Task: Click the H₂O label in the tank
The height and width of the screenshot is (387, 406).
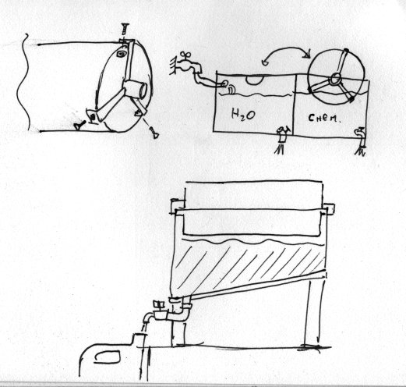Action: [243, 115]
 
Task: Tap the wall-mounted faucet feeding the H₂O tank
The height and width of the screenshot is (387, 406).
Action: [185, 64]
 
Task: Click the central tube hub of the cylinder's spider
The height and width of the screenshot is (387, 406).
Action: [135, 90]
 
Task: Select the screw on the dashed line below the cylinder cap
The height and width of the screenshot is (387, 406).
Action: [154, 133]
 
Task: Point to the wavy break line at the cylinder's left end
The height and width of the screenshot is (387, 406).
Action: [23, 82]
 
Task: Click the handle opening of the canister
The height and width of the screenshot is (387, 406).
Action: [107, 357]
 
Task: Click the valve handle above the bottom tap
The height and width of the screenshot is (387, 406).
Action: [158, 304]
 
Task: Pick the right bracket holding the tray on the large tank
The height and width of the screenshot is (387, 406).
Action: [329, 209]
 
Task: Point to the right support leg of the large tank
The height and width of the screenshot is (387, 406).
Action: [314, 312]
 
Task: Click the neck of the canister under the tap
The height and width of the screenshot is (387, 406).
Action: [139, 339]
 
